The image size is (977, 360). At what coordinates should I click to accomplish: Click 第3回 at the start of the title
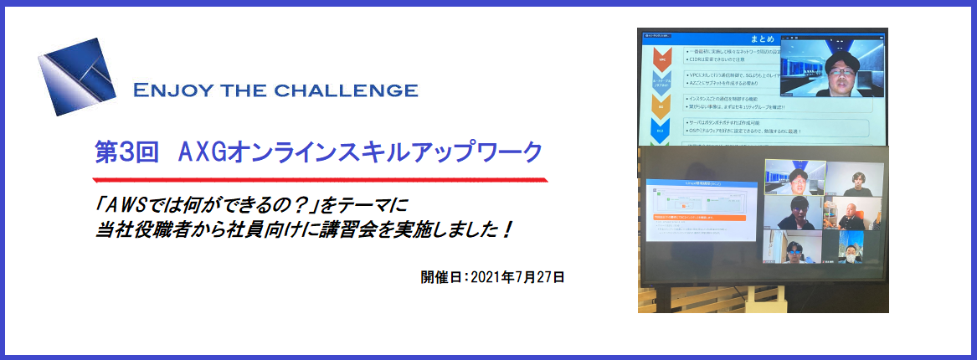tap(125, 153)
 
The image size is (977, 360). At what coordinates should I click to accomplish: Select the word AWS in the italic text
tap(126, 204)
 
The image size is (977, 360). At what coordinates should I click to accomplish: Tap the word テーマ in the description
tap(361, 204)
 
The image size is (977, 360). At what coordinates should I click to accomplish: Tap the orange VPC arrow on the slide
tap(661, 61)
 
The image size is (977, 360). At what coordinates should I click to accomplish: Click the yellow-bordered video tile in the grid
tap(794, 176)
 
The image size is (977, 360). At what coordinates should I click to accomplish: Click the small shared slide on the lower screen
tap(703, 209)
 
